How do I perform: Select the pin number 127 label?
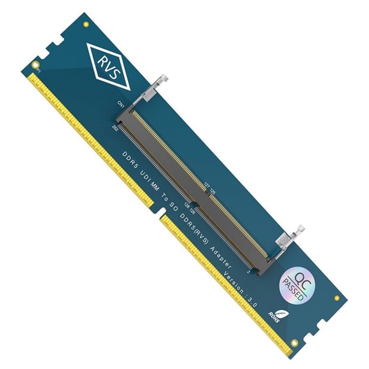tap(206, 186)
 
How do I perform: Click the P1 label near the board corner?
tap(38, 71)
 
